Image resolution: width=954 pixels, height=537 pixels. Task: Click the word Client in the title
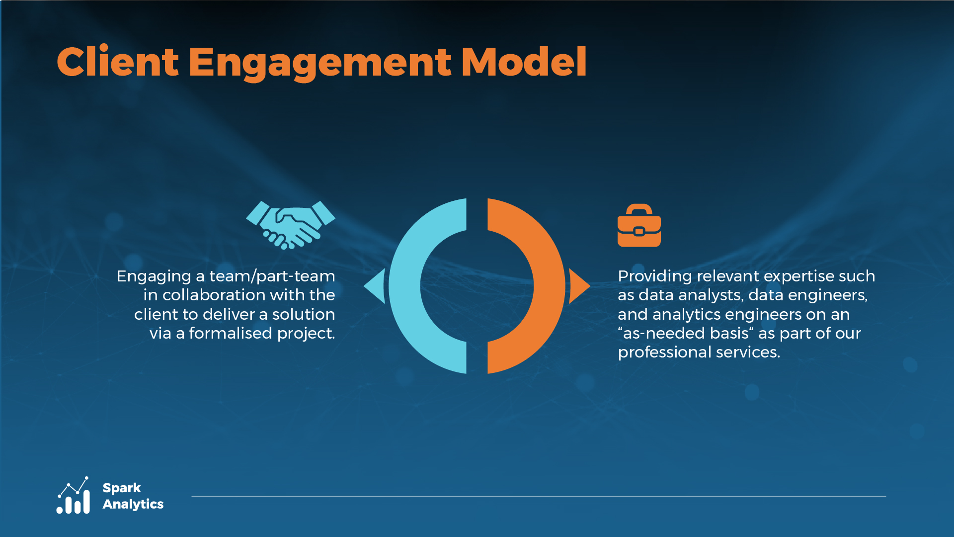tap(118, 62)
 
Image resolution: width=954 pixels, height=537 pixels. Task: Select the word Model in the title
tap(524, 62)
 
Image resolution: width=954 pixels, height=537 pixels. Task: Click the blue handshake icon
tap(291, 225)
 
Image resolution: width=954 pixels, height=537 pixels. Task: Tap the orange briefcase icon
tap(639, 225)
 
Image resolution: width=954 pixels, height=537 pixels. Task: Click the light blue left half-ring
tap(405, 286)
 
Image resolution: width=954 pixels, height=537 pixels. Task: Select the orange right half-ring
tap(549, 286)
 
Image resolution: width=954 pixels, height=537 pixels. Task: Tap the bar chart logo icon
tap(74, 495)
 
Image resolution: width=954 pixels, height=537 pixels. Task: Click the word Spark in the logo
tap(122, 488)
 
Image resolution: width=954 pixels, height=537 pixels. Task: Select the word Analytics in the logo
tap(133, 504)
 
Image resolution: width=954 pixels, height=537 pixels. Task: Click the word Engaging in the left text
tap(154, 276)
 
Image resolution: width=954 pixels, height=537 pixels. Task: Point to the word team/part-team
tap(272, 276)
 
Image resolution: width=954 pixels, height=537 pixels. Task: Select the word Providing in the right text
tap(655, 276)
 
